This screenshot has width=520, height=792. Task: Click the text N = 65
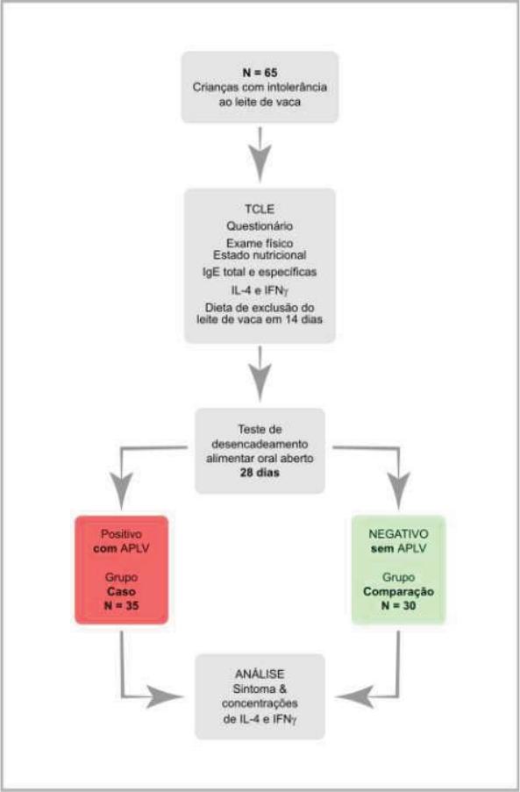(x=260, y=72)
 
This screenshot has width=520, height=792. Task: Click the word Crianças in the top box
(x=214, y=87)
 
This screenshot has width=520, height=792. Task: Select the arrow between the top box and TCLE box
(x=260, y=154)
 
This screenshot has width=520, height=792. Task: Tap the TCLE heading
(x=260, y=209)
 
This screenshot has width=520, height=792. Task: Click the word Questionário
(x=260, y=225)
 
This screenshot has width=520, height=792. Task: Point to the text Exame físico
(x=260, y=243)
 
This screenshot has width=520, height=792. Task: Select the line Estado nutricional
(x=260, y=255)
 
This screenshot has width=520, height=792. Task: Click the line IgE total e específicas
(x=260, y=272)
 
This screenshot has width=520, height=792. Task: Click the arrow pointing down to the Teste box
(x=260, y=374)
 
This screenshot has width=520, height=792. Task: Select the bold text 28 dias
(x=260, y=473)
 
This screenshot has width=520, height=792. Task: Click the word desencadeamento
(x=260, y=444)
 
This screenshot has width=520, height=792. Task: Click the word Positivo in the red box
(x=121, y=534)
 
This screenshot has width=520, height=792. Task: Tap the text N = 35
(x=121, y=605)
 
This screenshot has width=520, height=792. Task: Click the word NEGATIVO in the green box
(x=398, y=534)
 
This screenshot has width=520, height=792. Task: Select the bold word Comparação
(x=398, y=591)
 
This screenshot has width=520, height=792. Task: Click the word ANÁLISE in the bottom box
(x=260, y=674)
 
